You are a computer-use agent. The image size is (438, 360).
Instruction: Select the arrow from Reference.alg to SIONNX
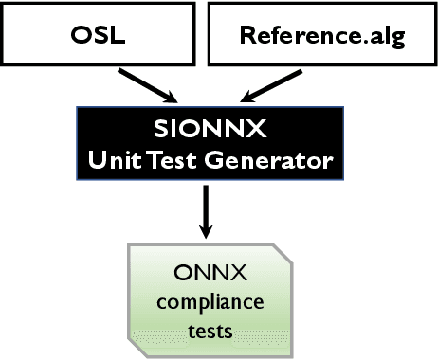pyautogui.click(x=271, y=81)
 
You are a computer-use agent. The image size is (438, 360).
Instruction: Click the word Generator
pyautogui.click(x=275, y=160)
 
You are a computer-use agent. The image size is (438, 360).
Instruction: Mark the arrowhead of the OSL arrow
pyautogui.click(x=170, y=97)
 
